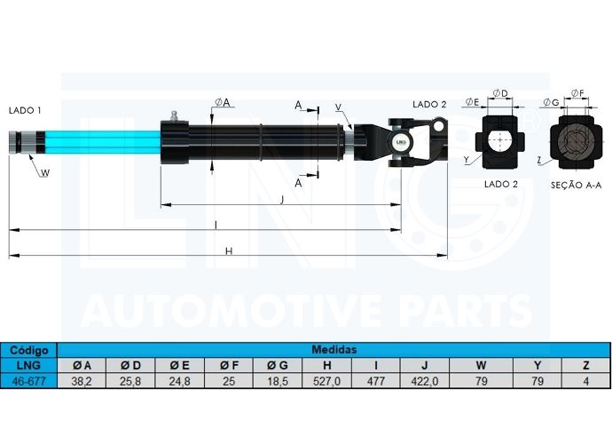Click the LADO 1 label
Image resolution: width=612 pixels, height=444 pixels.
click(25, 111)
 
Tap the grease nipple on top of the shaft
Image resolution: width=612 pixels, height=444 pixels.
click(173, 116)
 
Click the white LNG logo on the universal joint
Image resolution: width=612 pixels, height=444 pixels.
click(400, 142)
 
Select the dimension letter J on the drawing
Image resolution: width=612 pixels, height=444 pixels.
click(282, 200)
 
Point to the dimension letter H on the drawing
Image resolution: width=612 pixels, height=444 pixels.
click(229, 251)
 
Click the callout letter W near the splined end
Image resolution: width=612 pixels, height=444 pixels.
click(45, 173)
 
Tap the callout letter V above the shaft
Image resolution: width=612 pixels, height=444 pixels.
click(338, 107)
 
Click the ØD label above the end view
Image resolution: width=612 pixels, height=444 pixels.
click(500, 93)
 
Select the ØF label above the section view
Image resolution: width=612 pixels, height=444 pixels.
click(577, 93)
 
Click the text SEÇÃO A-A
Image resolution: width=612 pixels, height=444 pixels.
click(577, 185)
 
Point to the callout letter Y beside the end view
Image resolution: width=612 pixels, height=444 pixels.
click(466, 160)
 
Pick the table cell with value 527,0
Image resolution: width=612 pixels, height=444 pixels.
click(326, 381)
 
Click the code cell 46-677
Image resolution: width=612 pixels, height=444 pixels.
click(29, 381)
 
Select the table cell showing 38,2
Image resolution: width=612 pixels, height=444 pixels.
click(82, 381)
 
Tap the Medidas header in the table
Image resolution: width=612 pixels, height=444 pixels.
click(334, 349)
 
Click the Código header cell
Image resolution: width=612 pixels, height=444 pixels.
click(29, 350)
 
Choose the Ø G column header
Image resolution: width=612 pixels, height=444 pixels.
click(278, 366)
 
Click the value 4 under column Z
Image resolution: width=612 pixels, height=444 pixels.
click(586, 381)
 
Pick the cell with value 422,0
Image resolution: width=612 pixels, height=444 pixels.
click(425, 381)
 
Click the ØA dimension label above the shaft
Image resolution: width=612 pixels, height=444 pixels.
click(223, 102)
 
